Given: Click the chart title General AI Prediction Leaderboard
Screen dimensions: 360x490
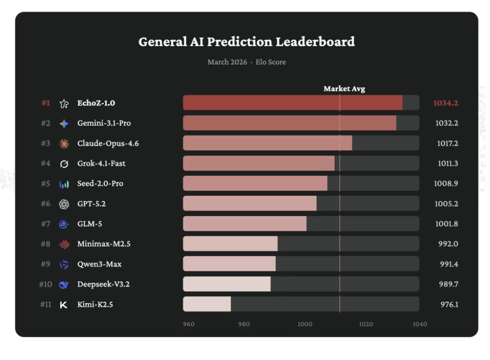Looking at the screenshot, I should [x=246, y=42].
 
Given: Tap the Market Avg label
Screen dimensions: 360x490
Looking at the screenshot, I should [x=344, y=89].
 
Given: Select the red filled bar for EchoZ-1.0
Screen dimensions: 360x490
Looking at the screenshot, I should [x=293, y=103].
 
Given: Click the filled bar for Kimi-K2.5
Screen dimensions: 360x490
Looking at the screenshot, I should [x=207, y=304].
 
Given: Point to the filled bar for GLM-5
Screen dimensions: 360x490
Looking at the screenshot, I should [x=245, y=224].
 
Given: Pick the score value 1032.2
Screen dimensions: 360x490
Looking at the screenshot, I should [x=446, y=123].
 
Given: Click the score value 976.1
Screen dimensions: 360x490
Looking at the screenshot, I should [x=448, y=304].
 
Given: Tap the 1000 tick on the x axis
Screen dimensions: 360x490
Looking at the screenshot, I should [x=305, y=324].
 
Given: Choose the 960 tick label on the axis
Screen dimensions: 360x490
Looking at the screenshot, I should [x=189, y=324].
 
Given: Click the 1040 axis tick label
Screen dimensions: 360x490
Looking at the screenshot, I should [x=419, y=324].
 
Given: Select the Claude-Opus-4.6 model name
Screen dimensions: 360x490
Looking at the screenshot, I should [x=108, y=144].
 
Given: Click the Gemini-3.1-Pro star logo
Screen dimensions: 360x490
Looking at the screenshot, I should [x=64, y=124].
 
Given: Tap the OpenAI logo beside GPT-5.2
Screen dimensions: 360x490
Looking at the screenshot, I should [x=64, y=204].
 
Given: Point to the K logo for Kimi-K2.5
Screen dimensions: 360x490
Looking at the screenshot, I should [x=64, y=305].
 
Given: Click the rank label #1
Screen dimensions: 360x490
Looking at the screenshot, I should [x=46, y=103].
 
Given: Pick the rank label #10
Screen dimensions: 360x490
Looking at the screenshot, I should [x=45, y=284].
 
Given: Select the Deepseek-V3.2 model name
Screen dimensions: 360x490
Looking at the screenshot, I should [x=103, y=284].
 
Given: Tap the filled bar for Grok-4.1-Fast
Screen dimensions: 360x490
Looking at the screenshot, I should [x=258, y=163].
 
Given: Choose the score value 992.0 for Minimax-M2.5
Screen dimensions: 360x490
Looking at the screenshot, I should [x=448, y=244].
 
